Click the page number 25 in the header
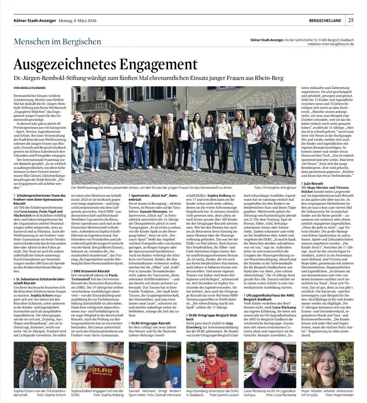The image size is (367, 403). pos(350,20)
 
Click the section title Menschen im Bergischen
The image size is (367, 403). pos(57,41)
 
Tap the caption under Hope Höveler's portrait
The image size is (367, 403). pos(327,392)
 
